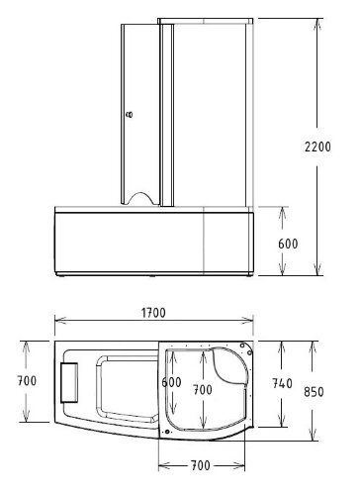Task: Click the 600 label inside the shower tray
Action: (x=172, y=383)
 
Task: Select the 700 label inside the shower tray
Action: (x=203, y=389)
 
